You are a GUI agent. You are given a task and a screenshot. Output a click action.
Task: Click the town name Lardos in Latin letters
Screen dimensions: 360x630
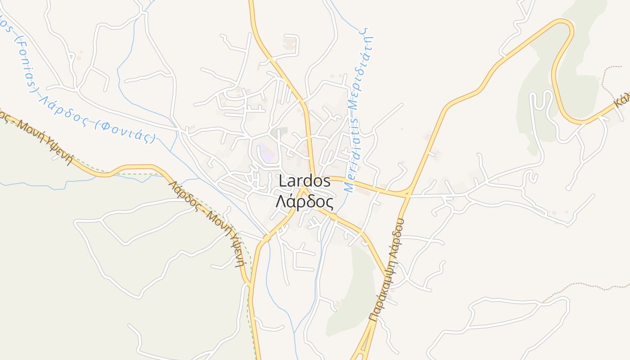[x=305, y=182]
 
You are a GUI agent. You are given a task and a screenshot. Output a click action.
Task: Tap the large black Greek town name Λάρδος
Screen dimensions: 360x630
[x=305, y=202]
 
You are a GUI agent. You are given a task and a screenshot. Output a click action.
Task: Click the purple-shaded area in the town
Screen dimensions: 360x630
[x=266, y=153]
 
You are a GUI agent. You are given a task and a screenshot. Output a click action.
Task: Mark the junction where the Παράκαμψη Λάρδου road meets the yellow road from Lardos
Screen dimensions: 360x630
[x=408, y=194]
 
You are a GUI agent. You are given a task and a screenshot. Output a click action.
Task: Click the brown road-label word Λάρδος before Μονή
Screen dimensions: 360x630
[x=184, y=193]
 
